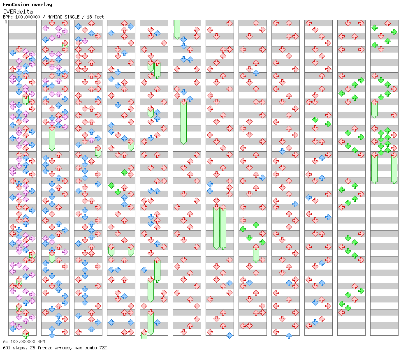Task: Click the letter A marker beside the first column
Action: point(6,22)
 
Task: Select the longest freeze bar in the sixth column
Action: point(183,122)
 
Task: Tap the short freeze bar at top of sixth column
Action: point(177,29)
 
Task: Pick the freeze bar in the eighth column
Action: point(256,254)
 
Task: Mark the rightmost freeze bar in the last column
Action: point(394,168)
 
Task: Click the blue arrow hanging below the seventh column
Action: point(229,335)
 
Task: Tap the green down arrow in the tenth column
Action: point(315,120)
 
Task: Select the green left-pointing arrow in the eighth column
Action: point(243,229)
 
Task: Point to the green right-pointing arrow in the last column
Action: point(394,32)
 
